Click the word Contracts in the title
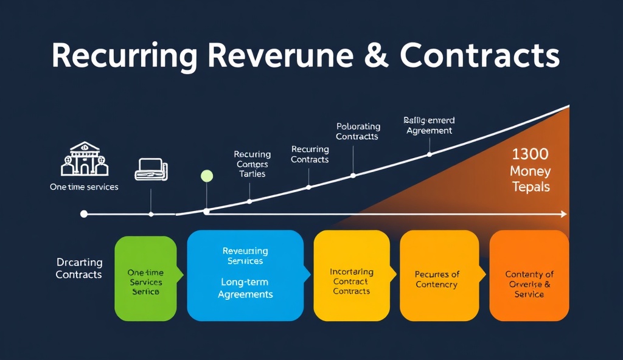[x=480, y=56]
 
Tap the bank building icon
[x=85, y=159]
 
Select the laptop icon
[x=151, y=169]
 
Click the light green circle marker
[x=207, y=176]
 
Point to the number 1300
[x=530, y=154]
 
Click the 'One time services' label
[x=84, y=187]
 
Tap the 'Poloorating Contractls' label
[x=358, y=131]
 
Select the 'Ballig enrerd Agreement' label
[x=429, y=125]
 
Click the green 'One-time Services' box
[x=145, y=279]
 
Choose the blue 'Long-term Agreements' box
[x=245, y=275]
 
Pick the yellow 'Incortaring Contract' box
[x=351, y=275]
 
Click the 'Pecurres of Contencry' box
[x=437, y=275]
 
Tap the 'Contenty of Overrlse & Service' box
[x=529, y=275]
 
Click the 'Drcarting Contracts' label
[x=79, y=269]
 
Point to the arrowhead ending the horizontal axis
[x=563, y=214]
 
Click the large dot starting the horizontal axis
[x=84, y=214]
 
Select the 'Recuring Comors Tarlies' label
[x=251, y=164]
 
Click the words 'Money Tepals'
[x=530, y=179]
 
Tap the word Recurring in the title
[x=124, y=56]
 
